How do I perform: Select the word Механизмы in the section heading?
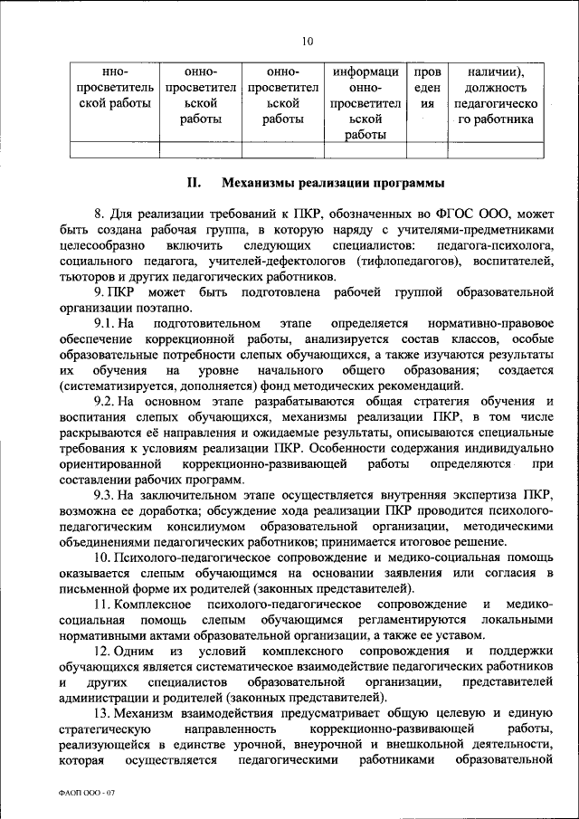tap(259, 184)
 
